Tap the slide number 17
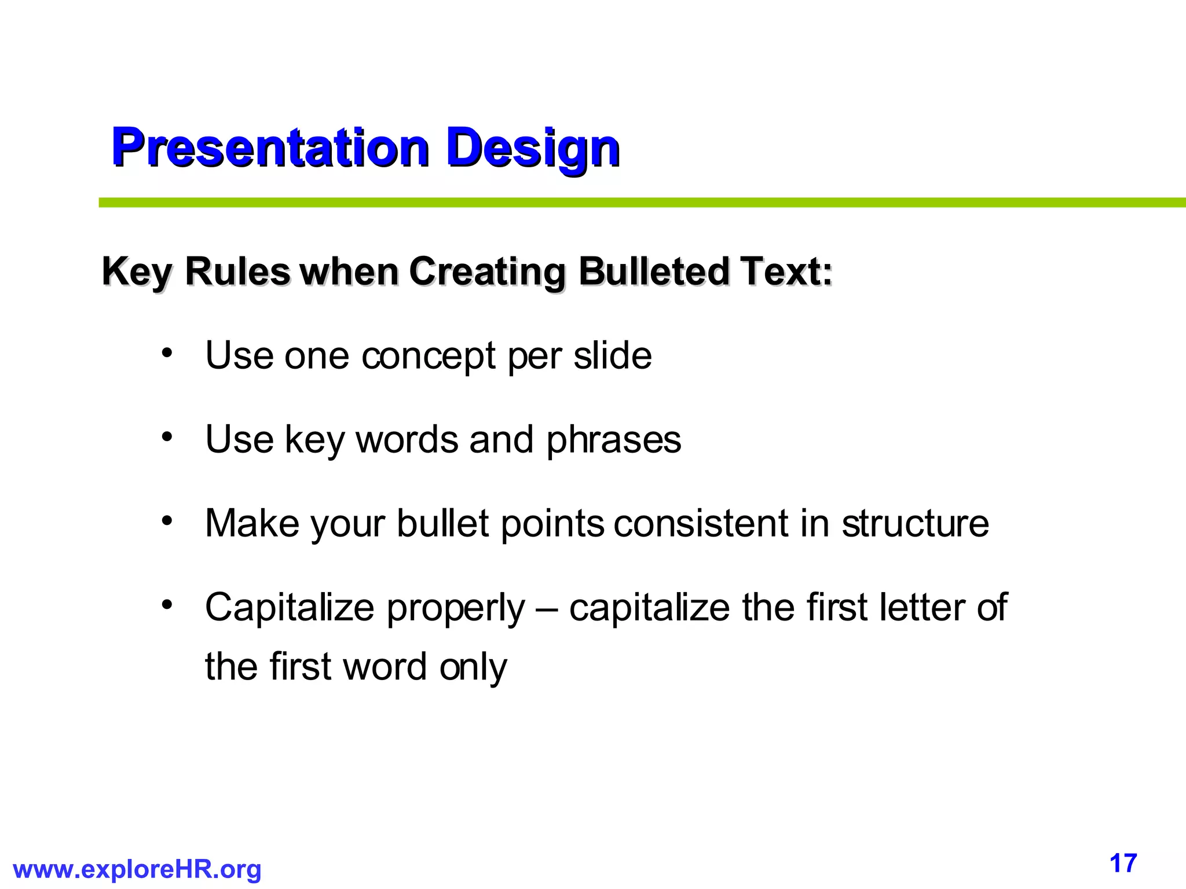click(1123, 864)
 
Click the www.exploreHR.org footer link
click(137, 869)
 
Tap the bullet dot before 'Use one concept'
click(167, 352)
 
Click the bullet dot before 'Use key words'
click(167, 437)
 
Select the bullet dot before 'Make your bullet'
click(167, 521)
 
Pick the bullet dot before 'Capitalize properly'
click(167, 605)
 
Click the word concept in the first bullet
click(429, 356)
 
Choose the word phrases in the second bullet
click(614, 440)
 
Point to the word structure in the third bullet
click(915, 523)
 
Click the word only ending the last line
click(473, 667)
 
